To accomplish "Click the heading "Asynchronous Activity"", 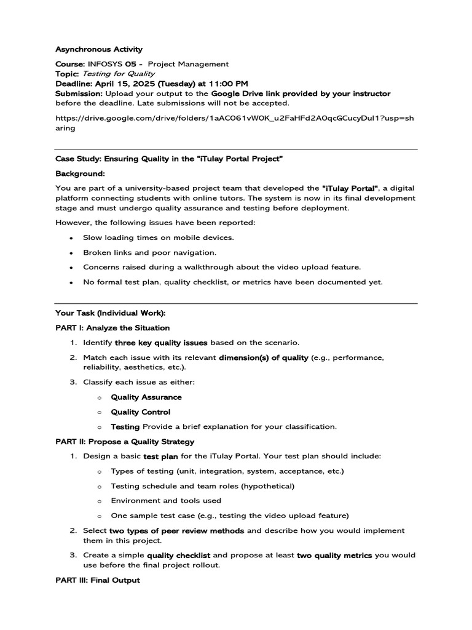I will click(98, 49).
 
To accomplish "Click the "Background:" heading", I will click(80, 174).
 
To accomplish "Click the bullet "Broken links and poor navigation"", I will click(150, 252).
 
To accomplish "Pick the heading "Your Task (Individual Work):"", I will click(110, 313).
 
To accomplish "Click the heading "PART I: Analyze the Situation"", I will click(112, 328).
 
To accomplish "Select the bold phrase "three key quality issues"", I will click(161, 343).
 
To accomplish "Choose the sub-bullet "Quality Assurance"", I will click(146, 397).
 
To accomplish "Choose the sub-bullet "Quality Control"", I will click(141, 412).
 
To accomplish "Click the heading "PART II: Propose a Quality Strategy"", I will click(125, 442).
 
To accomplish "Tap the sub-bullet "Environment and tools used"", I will click(166, 501).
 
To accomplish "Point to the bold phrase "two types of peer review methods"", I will click(176, 530).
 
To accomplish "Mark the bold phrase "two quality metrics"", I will click(334, 555).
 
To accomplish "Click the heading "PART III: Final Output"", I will click(97, 580).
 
